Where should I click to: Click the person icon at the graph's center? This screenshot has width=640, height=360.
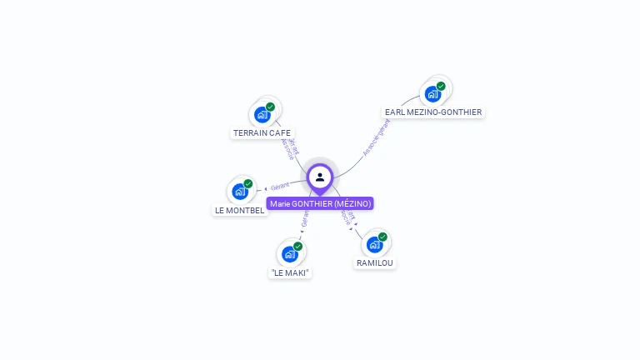point(320,177)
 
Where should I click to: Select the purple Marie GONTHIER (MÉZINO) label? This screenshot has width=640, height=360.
point(320,203)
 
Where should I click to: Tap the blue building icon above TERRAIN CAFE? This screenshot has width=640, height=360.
point(262,114)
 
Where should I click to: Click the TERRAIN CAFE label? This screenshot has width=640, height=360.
point(262,132)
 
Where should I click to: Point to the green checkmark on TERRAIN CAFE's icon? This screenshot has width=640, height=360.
point(271,107)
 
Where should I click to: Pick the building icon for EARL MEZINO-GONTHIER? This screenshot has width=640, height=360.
point(432,93)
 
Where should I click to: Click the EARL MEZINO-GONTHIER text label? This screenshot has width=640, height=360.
point(433,112)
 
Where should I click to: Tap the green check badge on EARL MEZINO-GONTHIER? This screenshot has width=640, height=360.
point(441,86)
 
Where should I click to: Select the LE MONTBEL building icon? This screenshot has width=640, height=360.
point(240,192)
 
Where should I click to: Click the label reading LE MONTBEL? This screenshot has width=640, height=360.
point(240,210)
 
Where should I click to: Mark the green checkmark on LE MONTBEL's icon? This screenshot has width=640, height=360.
point(248,184)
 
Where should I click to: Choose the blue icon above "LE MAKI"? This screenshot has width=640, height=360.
point(289,254)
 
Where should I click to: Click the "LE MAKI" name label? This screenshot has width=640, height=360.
point(290,272)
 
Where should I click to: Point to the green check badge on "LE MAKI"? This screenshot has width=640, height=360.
point(297,247)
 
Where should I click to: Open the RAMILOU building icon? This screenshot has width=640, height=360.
point(374,244)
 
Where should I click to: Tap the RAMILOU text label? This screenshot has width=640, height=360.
point(375,262)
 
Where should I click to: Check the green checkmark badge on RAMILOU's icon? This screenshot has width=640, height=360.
point(382,237)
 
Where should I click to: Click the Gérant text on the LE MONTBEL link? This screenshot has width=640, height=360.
point(280,186)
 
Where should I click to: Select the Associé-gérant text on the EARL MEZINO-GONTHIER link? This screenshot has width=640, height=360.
point(377,138)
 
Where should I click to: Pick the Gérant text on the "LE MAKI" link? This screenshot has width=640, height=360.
point(305,218)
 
